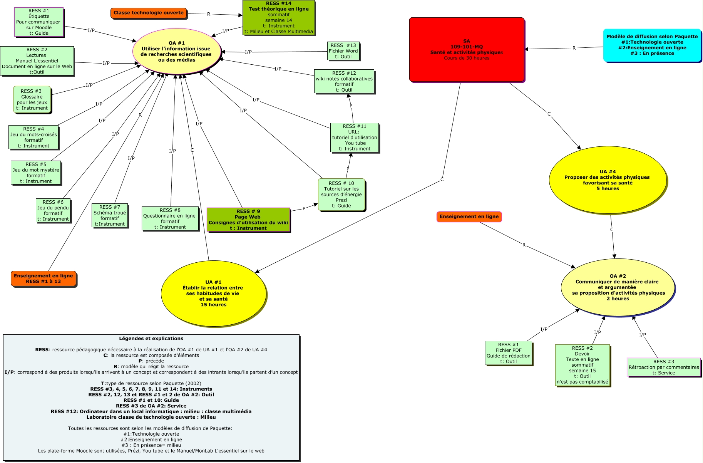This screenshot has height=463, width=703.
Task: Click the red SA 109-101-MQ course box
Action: (467, 49)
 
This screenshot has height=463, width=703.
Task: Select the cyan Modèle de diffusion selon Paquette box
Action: (652, 45)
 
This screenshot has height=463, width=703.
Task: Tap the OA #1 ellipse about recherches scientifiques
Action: (177, 52)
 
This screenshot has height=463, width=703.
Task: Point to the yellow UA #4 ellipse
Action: (608, 180)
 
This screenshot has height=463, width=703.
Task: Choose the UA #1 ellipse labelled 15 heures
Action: (213, 294)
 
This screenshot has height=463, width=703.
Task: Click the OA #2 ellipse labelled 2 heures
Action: (618, 287)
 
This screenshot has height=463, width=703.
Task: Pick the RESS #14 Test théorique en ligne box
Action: (279, 18)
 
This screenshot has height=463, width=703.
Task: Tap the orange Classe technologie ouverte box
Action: (149, 13)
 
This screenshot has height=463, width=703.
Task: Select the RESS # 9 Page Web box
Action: (248, 220)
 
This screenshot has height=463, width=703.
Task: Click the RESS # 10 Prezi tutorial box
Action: (341, 195)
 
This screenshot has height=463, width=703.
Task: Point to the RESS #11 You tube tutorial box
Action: (355, 138)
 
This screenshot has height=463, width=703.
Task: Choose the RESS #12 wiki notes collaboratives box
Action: (344, 81)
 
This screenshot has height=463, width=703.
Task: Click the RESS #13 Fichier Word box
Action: (343, 51)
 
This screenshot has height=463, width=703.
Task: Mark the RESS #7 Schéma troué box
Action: (110, 215)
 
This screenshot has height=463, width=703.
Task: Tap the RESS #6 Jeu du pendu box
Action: (53, 210)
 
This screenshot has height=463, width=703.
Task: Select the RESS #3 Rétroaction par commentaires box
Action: (663, 367)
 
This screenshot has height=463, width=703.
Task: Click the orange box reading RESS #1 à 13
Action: (44, 278)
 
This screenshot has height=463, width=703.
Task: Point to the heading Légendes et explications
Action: (151, 339)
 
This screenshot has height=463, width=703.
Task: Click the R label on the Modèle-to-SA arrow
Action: (574, 48)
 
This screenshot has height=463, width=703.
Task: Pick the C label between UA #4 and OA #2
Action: (612, 230)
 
